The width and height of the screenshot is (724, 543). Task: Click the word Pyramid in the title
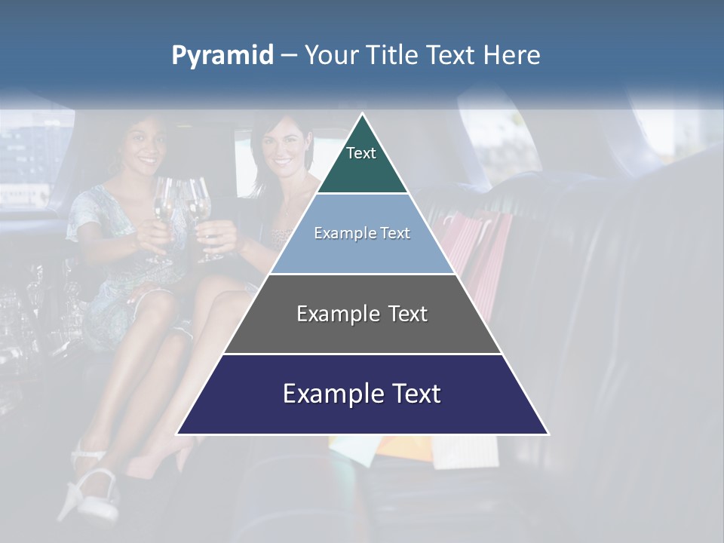[x=222, y=56]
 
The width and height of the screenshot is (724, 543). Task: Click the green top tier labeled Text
[x=362, y=162]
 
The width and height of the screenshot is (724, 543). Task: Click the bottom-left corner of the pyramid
[x=179, y=433]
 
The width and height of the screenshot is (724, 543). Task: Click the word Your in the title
[x=330, y=56]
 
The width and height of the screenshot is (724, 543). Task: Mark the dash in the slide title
[x=288, y=56]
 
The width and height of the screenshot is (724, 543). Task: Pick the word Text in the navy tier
[x=416, y=394]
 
